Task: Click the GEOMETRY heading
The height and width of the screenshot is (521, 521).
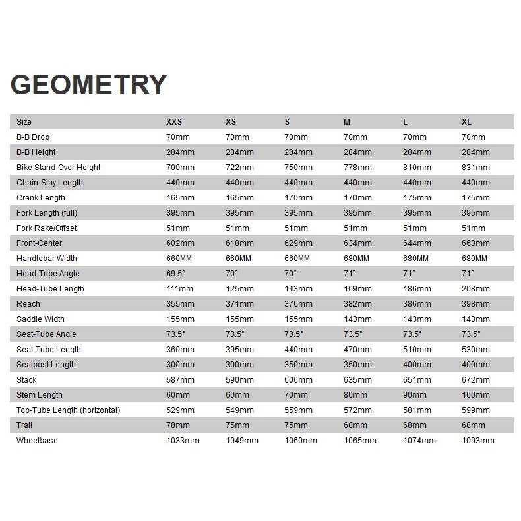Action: click(x=88, y=85)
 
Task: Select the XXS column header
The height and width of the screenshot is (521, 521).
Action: click(x=174, y=122)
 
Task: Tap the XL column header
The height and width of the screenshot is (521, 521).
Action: click(x=466, y=122)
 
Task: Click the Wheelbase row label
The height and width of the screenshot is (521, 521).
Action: click(x=37, y=441)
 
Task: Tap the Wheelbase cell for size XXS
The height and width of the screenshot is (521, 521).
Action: click(x=183, y=441)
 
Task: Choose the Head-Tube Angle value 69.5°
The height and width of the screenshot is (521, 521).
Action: click(x=175, y=274)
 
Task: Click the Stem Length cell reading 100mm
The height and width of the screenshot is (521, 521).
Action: click(x=475, y=395)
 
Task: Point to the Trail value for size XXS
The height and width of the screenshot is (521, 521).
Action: click(x=178, y=425)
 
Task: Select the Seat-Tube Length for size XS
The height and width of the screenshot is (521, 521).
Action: click(x=239, y=350)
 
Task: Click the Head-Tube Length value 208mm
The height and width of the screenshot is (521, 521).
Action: click(x=475, y=289)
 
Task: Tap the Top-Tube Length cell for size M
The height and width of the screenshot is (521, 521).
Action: click(x=357, y=410)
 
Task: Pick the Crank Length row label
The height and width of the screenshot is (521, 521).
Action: click(x=41, y=198)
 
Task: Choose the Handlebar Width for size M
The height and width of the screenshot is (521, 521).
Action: click(x=357, y=259)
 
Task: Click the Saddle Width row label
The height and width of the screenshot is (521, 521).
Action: click(x=41, y=319)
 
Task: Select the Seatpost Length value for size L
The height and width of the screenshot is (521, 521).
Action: click(x=417, y=365)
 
